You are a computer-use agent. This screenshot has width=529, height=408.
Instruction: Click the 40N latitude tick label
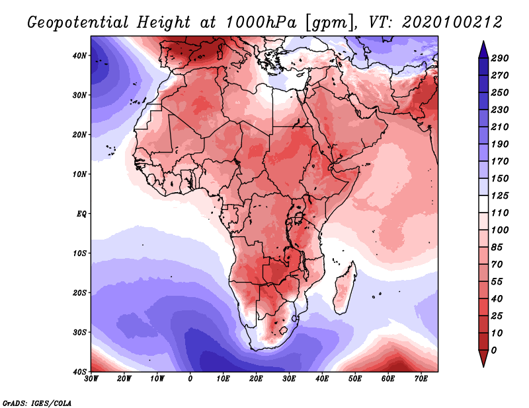[x=79, y=55]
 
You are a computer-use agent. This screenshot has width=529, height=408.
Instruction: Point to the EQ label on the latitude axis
[x=81, y=214]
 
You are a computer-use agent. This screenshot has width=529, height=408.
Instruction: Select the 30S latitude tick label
[x=79, y=333]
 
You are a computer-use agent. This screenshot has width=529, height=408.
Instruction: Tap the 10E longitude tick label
[x=223, y=379]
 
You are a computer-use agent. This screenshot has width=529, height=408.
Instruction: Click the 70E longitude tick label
[x=421, y=379]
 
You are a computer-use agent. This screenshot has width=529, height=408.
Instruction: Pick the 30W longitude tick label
[x=91, y=379]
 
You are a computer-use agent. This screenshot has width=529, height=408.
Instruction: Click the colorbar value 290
[x=499, y=58]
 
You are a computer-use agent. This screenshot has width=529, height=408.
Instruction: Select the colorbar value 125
[x=499, y=195]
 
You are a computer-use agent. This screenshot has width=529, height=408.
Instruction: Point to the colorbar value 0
[x=494, y=351]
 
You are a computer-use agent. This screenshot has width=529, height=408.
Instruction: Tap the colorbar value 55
[x=497, y=282]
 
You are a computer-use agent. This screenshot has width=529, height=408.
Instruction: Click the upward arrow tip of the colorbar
[x=483, y=41]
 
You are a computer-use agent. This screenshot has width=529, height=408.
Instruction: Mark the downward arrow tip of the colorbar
[x=483, y=366]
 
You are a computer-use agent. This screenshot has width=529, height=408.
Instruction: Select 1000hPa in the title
[x=261, y=22]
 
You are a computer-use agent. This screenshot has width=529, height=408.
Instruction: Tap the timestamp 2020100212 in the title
[x=452, y=22]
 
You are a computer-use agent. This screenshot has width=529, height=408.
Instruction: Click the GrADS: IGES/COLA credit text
[x=37, y=403]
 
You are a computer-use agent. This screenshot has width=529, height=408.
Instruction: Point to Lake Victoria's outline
[x=298, y=218]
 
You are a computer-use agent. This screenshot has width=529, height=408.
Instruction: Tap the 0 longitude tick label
[x=190, y=379]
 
